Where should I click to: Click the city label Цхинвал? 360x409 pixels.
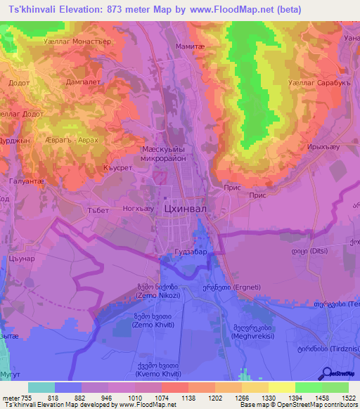coord(186,209)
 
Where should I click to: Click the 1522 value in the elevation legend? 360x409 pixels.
coord(348,398)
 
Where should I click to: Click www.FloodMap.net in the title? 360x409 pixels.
coord(230,10)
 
